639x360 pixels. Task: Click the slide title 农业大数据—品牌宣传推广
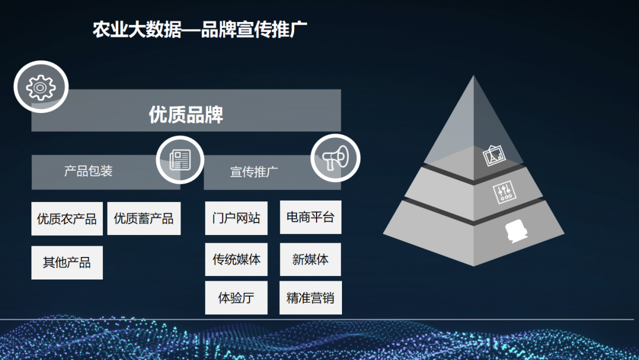pos(199,30)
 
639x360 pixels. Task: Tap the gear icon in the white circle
pos(41,87)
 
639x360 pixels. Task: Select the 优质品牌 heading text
pos(186,114)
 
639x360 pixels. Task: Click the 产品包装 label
pos(88,172)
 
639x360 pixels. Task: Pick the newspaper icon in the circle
pos(180,159)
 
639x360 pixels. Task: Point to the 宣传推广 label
pos(254,172)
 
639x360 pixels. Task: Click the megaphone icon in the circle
pos(335,157)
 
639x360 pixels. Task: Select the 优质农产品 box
pos(67,219)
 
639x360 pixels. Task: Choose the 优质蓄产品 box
pos(144,218)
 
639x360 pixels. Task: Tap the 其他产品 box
pos(67,262)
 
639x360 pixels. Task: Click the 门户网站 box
pos(236,218)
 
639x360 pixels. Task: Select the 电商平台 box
pos(310,217)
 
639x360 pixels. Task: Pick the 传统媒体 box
pos(236,259)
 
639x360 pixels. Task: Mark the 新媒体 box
pos(310,259)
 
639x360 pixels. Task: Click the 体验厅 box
pos(236,298)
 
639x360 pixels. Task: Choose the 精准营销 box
pos(310,298)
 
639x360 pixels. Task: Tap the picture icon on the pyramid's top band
pos(494,156)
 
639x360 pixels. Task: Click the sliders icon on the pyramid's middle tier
pos(504,192)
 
